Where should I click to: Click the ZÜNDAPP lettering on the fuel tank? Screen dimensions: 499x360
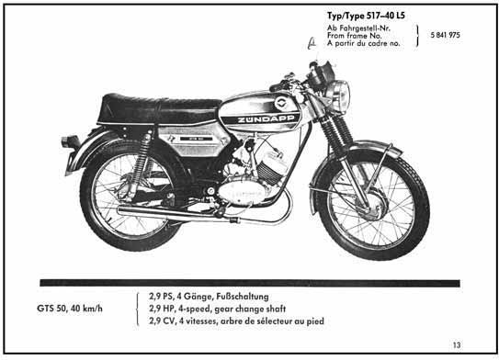pyautogui.click(x=266, y=119)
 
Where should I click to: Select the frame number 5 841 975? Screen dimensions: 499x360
pyautogui.click(x=445, y=35)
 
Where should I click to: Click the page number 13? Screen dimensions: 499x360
pyautogui.click(x=457, y=344)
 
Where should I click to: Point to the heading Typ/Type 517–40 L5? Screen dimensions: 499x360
pyautogui.click(x=366, y=16)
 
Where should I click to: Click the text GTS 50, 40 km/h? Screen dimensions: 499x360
pyautogui.click(x=70, y=309)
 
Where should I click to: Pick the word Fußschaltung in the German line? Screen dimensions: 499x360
pyautogui.click(x=243, y=297)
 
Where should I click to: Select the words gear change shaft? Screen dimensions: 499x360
pyautogui.click(x=250, y=309)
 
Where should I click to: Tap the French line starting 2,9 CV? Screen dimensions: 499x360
pyautogui.click(x=236, y=321)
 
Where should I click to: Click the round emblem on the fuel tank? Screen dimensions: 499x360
pyautogui.click(x=281, y=103)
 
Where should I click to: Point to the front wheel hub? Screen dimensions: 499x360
pyautogui.click(x=376, y=204)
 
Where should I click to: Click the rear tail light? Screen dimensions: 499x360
pyautogui.click(x=71, y=141)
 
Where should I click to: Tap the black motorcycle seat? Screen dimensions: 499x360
pyautogui.click(x=158, y=109)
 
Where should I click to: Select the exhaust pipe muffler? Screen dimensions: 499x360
pyautogui.click(x=172, y=212)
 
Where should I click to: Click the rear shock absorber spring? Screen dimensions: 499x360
pyautogui.click(x=142, y=158)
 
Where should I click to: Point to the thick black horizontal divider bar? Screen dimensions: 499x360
pyautogui.click(x=250, y=283)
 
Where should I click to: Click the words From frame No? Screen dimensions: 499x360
pyautogui.click(x=354, y=36)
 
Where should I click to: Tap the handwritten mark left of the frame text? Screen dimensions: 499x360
pyautogui.click(x=312, y=44)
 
